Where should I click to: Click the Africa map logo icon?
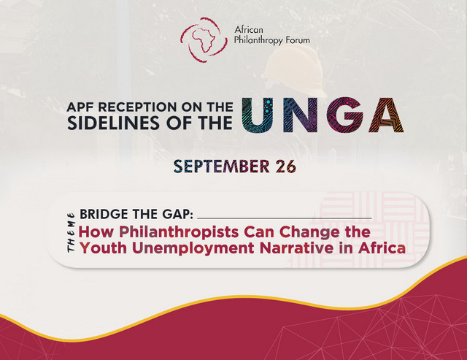204,40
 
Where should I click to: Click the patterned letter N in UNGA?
301,115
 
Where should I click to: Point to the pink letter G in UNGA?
344,115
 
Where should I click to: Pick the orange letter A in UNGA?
386,115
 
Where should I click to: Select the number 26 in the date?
285,166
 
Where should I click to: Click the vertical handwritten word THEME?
71,232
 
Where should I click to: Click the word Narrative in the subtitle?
297,248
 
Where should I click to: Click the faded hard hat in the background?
294,71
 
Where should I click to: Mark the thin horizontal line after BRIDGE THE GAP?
285,218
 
